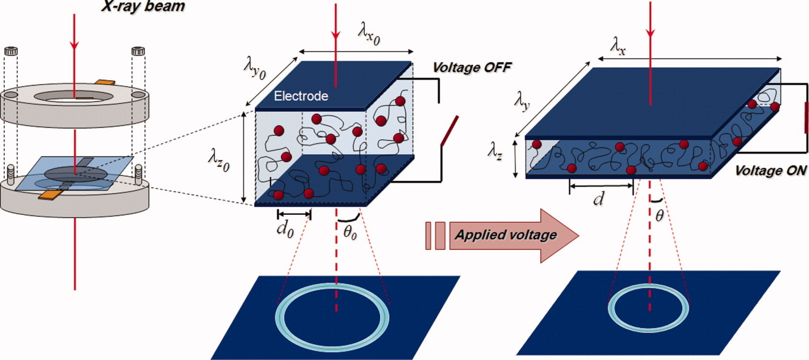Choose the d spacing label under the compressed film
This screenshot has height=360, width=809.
tap(599, 198)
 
